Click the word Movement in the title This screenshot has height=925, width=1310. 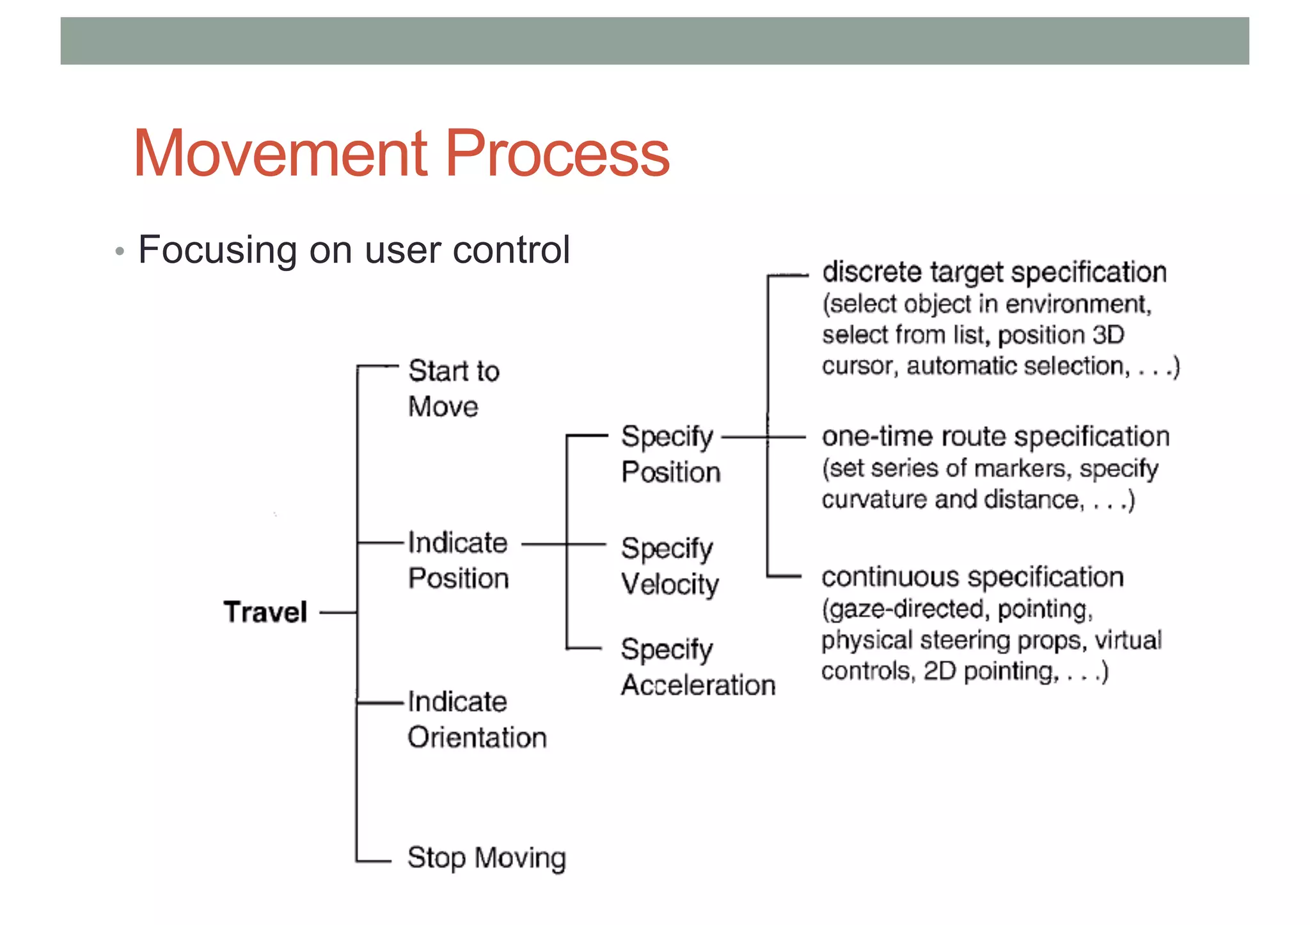click(281, 154)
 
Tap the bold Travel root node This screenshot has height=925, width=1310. click(265, 612)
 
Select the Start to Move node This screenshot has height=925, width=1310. click(453, 389)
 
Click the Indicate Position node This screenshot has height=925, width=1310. click(458, 560)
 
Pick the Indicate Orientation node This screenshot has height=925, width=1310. click(477, 719)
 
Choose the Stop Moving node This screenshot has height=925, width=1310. click(486, 858)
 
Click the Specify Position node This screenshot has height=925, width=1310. click(670, 454)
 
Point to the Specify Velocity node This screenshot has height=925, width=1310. click(669, 566)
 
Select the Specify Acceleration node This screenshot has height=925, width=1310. click(697, 667)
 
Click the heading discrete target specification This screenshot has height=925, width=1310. click(994, 272)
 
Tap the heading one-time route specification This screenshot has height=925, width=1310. click(995, 437)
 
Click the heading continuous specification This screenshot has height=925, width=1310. click(972, 577)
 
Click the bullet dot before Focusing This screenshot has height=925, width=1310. click(119, 251)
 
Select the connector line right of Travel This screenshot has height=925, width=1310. click(338, 612)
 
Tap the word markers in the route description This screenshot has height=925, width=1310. click(1026, 469)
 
